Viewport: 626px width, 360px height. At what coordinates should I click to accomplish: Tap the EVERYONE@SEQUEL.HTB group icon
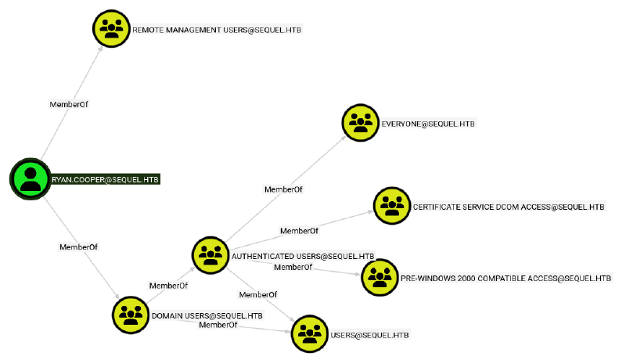click(361, 123)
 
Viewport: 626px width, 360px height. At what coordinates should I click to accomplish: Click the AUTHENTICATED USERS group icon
click(210, 254)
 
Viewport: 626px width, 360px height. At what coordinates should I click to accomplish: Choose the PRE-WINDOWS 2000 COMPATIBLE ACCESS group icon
click(380, 277)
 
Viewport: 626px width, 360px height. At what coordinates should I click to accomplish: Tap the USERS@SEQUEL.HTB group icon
click(310, 334)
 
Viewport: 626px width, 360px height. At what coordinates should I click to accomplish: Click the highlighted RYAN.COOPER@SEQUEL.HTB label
click(106, 178)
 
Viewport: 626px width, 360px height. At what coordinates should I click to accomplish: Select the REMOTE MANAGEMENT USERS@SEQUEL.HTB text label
click(217, 30)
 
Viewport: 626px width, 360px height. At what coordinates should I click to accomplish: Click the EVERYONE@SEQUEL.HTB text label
click(428, 124)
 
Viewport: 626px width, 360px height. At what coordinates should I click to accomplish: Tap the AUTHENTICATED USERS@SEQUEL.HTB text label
click(302, 256)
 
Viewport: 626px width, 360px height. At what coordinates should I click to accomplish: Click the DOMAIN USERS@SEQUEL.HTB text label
click(207, 315)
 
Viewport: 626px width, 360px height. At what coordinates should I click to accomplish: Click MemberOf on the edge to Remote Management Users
click(69, 103)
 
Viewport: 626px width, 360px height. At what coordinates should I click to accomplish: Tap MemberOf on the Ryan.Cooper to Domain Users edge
click(78, 247)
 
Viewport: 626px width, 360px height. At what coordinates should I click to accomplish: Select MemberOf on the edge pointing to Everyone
click(283, 189)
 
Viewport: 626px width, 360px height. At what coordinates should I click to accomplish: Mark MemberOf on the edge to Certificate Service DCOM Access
click(299, 231)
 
